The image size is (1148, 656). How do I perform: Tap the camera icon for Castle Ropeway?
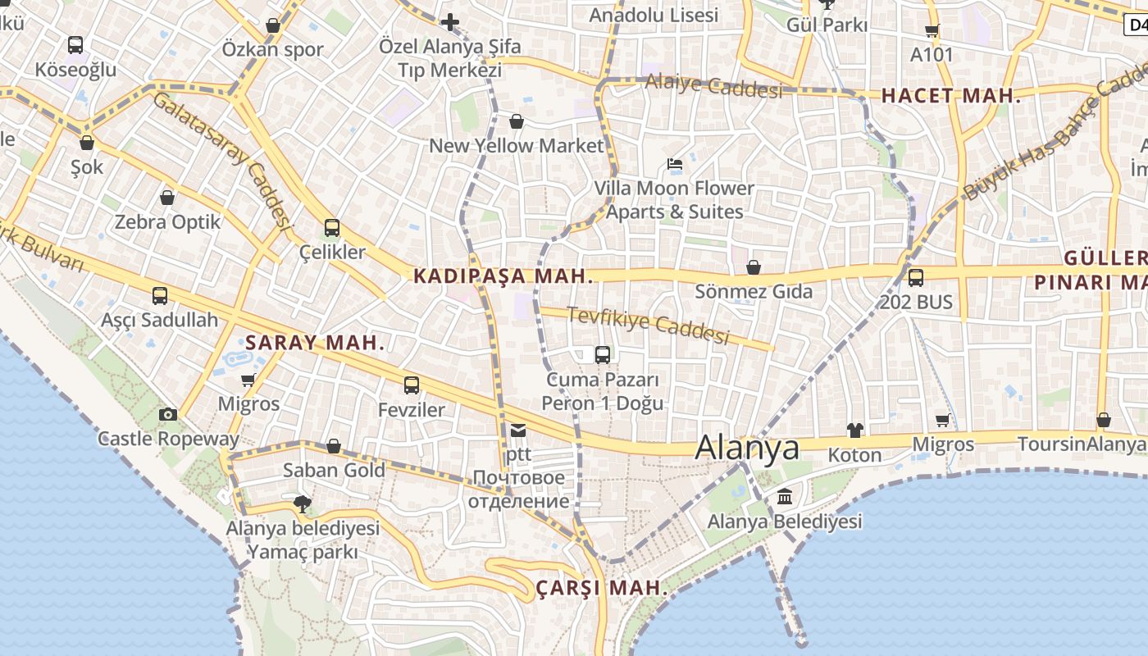click(168, 414)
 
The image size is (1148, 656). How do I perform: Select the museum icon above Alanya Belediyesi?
click(785, 497)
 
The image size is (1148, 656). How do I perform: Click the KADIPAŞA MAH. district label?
click(503, 276)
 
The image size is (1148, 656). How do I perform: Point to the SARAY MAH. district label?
click(315, 343)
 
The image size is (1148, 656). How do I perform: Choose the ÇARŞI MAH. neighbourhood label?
click(601, 589)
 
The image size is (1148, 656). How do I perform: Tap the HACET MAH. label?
click(951, 96)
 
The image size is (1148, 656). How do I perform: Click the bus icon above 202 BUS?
click(916, 278)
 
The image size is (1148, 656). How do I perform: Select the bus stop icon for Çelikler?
click(332, 228)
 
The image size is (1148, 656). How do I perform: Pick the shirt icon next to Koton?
click(854, 430)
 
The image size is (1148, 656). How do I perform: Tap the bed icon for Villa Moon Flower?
click(675, 164)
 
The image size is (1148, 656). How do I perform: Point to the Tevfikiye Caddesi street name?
click(648, 325)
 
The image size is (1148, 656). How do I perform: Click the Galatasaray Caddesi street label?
click(223, 159)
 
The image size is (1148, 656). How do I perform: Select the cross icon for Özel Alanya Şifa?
click(449, 22)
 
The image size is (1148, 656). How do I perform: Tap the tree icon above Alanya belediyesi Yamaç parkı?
click(303, 503)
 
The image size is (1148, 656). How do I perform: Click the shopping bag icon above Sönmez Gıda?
click(754, 267)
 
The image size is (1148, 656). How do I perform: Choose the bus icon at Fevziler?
click(412, 385)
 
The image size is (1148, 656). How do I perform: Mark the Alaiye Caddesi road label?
click(713, 85)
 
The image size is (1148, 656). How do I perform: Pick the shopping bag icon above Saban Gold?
click(334, 446)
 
